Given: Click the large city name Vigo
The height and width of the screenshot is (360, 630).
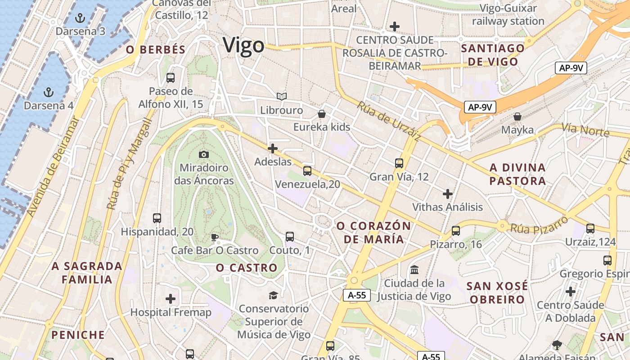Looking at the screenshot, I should click(x=243, y=46).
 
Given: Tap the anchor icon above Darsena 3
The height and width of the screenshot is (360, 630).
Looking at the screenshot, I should click(x=80, y=18).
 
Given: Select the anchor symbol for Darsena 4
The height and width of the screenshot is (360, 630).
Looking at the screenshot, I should click(x=48, y=93).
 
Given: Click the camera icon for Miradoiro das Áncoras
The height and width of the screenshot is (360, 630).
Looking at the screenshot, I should click(x=204, y=155).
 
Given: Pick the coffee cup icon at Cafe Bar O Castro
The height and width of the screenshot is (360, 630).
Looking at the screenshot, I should click(x=215, y=237).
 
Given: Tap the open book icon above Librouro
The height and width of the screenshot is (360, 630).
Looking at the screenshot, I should click(x=282, y=97).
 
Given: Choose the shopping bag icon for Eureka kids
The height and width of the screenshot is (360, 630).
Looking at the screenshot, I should click(x=322, y=114).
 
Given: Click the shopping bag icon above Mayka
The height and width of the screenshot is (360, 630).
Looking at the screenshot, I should click(x=517, y=117).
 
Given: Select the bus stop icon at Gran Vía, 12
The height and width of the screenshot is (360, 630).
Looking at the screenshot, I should click(x=399, y=163).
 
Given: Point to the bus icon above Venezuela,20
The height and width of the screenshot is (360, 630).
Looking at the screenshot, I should click(x=307, y=171).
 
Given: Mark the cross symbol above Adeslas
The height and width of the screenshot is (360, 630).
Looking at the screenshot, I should click(x=273, y=148).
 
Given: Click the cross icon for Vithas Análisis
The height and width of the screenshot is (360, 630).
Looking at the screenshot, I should click(x=448, y=194).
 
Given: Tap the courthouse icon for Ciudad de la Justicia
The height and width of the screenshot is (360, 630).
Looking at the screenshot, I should click(x=414, y=270).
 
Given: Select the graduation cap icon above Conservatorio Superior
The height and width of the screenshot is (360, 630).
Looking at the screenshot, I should click(x=273, y=295).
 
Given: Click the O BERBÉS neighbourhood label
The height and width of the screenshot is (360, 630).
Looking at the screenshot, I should click(x=156, y=50).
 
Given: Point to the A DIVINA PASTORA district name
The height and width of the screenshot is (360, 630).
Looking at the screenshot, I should click(x=517, y=174).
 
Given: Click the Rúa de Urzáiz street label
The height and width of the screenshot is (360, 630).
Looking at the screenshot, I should click(x=389, y=121).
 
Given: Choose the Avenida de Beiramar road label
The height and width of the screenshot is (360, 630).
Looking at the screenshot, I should click(x=53, y=166).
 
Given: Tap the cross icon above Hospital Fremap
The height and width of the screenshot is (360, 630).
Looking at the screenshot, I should click(x=171, y=299).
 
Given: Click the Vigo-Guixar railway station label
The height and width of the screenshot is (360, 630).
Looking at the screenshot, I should click(x=508, y=14).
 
